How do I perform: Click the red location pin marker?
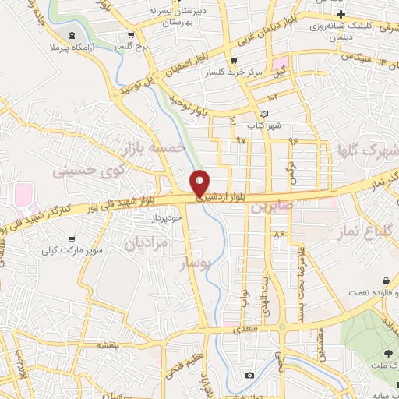(x=199, y=183)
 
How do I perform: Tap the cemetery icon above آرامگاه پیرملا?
(x=73, y=36)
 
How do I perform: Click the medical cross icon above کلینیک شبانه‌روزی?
(x=339, y=15)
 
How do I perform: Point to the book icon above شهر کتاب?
(x=263, y=114)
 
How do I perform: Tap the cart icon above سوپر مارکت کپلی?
(x=72, y=239)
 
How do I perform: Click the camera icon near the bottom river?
(x=249, y=376)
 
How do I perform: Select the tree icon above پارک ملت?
(x=388, y=355)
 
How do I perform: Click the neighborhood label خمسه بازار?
(x=154, y=147)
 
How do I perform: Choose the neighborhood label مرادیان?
(x=146, y=243)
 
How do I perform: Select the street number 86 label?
(x=278, y=234)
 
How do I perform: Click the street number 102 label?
(x=272, y=97)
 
